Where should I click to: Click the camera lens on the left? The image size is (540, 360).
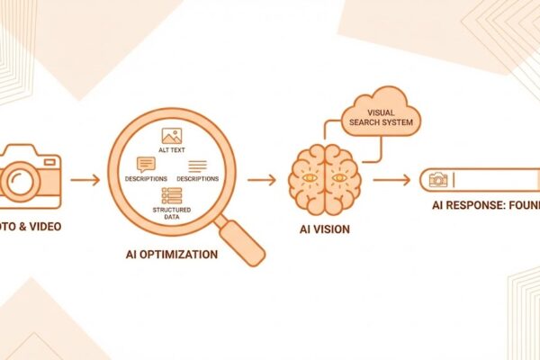[20, 179]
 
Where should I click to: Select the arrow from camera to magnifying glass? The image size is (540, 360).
[85, 180]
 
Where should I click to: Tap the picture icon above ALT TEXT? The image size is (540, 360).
[172, 136]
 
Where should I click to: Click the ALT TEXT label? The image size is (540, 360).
[172, 151]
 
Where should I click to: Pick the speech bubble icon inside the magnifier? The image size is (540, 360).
[146, 165]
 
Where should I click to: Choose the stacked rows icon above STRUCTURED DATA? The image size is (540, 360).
[171, 195]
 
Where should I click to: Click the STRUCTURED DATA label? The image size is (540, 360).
[171, 212]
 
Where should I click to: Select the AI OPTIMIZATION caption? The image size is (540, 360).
[171, 254]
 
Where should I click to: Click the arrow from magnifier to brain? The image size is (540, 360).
[262, 180]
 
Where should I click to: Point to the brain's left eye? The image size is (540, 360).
[310, 177]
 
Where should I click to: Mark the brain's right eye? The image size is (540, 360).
[338, 177]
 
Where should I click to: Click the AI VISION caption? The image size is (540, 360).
[324, 229]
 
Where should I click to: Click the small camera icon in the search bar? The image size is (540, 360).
[438, 180]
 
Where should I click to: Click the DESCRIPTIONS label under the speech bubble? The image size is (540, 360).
[146, 179]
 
